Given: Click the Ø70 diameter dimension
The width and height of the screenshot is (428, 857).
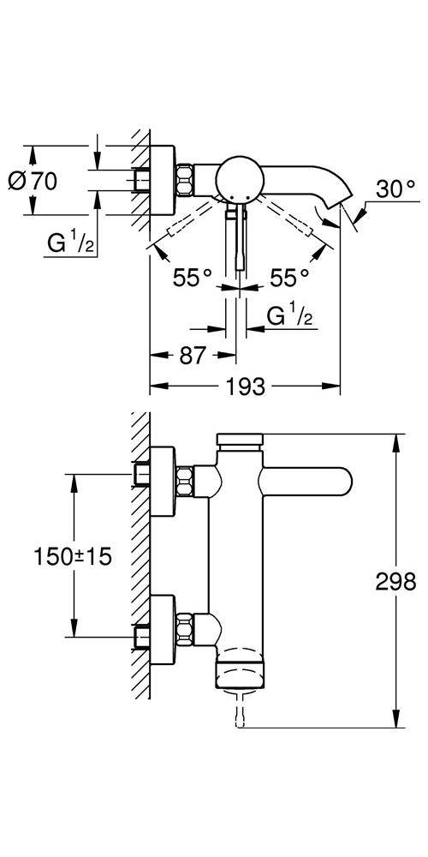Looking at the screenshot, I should tap(33, 181).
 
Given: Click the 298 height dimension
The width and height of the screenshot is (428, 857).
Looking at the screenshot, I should tap(395, 582).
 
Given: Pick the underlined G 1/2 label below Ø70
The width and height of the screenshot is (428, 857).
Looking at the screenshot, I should tap(71, 244).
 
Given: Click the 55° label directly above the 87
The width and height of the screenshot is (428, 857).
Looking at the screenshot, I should tap(193, 278).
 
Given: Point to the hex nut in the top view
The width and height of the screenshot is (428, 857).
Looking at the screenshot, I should tap(185, 179).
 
